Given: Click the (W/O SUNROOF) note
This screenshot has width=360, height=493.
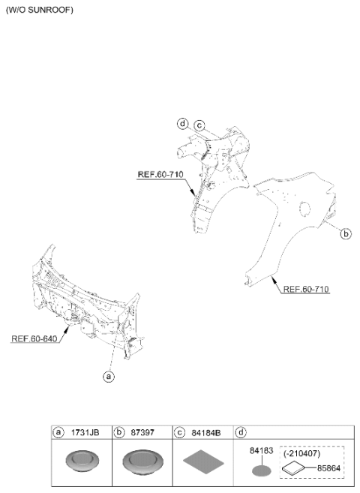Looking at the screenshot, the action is [40, 10].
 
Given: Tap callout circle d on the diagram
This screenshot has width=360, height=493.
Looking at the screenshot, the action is [182, 124].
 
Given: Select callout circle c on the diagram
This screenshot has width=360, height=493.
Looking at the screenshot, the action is [199, 126].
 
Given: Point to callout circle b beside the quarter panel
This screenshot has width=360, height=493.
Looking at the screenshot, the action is [346, 234].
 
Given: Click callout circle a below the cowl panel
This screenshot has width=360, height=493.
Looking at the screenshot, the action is [109, 376].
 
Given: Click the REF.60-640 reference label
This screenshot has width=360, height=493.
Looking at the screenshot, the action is [34, 338].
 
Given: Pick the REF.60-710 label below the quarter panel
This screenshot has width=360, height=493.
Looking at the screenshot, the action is [306, 289].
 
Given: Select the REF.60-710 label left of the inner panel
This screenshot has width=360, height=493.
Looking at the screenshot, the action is [160, 175].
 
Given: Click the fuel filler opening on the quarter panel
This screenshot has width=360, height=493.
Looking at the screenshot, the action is [304, 209].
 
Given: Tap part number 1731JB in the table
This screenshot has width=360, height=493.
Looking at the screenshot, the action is [85, 433].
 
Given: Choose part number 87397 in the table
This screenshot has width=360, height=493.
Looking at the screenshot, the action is [142, 433].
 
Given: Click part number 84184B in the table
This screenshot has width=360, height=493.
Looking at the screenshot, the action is [206, 433].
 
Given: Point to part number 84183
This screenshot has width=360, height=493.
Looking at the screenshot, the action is [261, 450].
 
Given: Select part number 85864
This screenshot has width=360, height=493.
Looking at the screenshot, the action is [328, 468].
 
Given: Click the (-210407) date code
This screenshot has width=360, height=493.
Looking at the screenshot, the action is [302, 454].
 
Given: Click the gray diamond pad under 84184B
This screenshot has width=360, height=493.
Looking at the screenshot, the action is [203, 462].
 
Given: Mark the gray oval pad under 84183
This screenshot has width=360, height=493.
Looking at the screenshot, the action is [261, 470].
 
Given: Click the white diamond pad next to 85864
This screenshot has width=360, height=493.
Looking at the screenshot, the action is [293, 467].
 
